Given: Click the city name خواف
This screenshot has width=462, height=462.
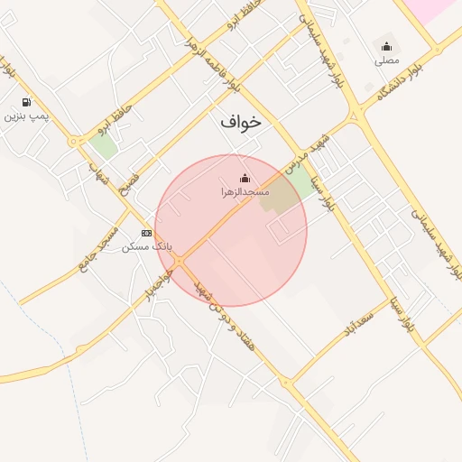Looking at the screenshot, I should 240,121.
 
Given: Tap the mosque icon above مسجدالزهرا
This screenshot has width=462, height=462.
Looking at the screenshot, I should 244,178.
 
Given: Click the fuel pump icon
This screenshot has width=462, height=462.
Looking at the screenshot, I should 26,102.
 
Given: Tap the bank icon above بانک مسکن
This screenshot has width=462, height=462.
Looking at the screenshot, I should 147,233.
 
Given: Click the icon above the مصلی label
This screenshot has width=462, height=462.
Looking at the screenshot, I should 387,47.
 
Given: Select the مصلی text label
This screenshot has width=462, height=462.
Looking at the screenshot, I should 387,61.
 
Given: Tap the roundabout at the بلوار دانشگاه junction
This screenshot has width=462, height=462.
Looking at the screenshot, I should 358,115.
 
